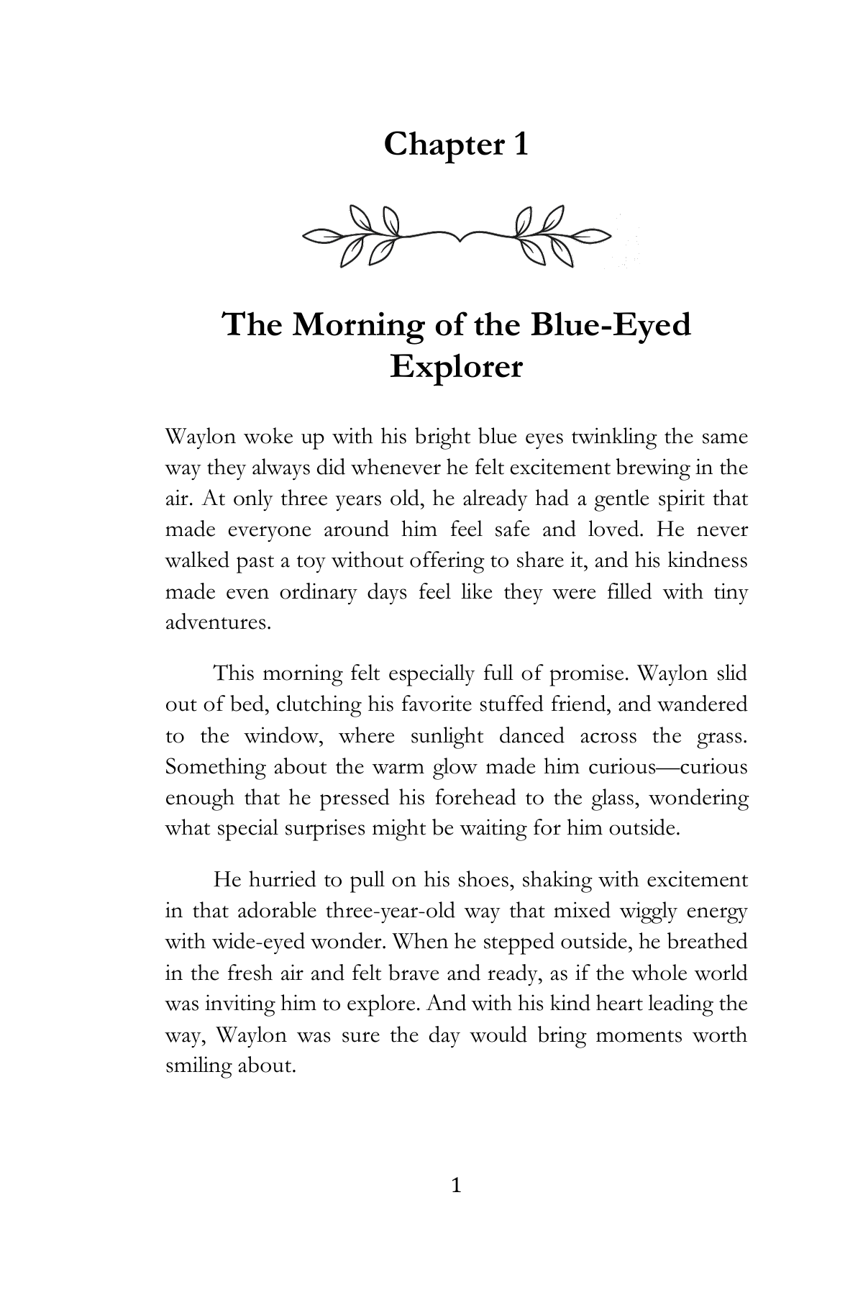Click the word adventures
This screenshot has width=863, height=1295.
coord(218,623)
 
